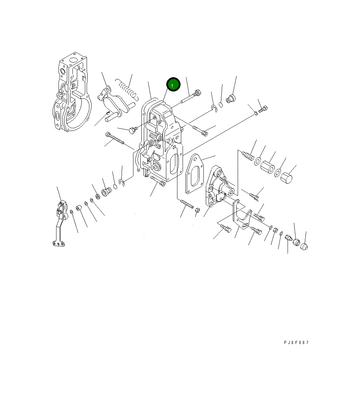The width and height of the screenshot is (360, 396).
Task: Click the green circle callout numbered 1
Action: point(173,85)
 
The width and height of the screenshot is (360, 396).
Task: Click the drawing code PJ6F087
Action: point(296,342)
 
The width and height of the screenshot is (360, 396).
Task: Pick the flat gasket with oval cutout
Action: point(194,174)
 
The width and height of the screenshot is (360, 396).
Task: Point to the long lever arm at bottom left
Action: point(60,223)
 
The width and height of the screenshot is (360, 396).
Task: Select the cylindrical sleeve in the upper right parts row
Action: point(267,167)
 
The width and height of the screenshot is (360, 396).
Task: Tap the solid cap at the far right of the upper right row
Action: point(287,177)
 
